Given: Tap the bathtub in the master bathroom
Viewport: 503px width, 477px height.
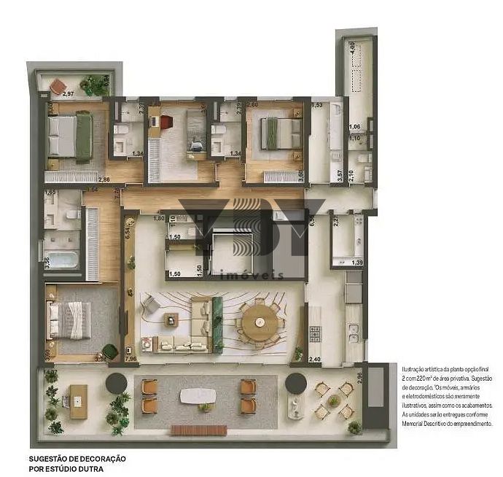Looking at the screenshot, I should pyautogui.click(x=59, y=259).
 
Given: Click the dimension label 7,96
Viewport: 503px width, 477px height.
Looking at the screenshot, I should pyautogui.click(x=131, y=359).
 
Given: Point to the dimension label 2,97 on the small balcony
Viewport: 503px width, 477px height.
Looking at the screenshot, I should pyautogui.click(x=68, y=94).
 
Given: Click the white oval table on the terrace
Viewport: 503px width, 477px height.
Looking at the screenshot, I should pyautogui.click(x=198, y=396).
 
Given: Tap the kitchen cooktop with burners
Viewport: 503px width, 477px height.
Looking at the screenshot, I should pyautogui.click(x=316, y=333).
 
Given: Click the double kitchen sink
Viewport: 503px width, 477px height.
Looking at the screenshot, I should pyautogui.click(x=353, y=332).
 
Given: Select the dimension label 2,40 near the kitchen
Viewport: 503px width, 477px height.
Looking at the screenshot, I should pyautogui.click(x=315, y=359).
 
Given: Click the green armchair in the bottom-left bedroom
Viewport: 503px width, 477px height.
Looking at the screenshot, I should pyautogui.click(x=110, y=351).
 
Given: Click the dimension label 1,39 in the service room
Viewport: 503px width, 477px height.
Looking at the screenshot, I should pyautogui.click(x=356, y=262).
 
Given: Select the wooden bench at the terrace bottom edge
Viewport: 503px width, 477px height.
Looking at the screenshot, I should pyautogui.click(x=199, y=430).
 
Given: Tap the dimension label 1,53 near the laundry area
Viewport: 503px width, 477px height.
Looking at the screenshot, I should pyautogui.click(x=316, y=106).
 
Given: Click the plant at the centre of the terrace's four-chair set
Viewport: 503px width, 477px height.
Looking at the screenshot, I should pyautogui.click(x=334, y=400).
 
